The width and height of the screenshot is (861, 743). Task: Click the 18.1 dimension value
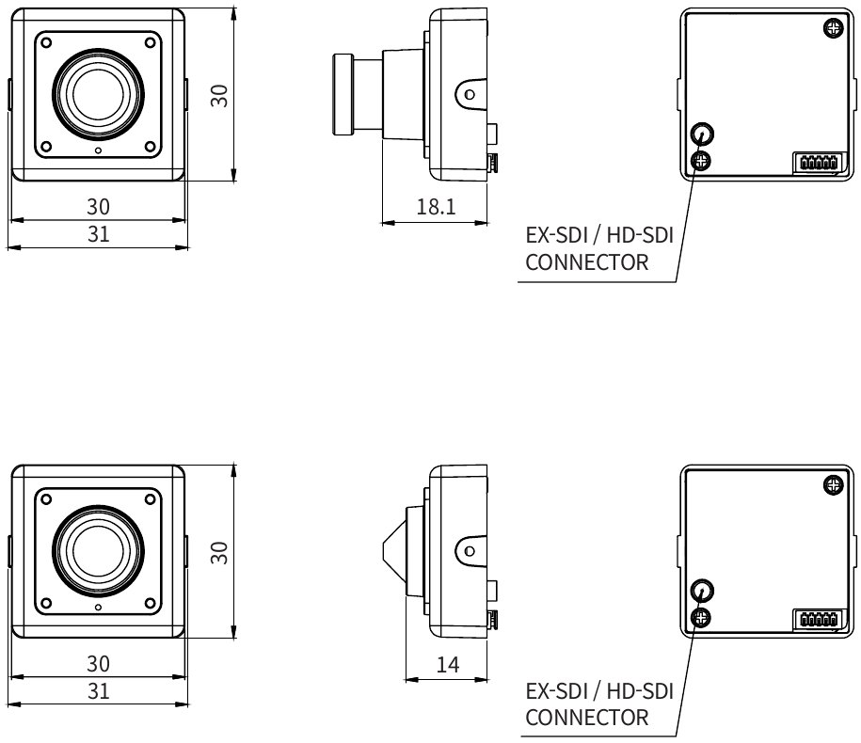pyautogui.click(x=436, y=208)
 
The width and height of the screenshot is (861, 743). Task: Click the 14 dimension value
pyautogui.click(x=449, y=665)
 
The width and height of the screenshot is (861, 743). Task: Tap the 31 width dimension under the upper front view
pyautogui.click(x=99, y=234)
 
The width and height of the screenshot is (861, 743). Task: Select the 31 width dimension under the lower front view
pyautogui.click(x=99, y=690)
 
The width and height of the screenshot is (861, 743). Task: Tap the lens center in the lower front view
pyautogui.click(x=99, y=550)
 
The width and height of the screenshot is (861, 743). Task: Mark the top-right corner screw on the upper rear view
pyautogui.click(x=833, y=27)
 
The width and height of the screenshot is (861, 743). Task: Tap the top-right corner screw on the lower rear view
pyautogui.click(x=833, y=484)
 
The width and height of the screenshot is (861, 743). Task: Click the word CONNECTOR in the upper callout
pyautogui.click(x=586, y=262)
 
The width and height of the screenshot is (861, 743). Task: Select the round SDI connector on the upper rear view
pyautogui.click(x=701, y=134)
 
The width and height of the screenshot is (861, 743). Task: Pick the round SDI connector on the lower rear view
pyautogui.click(x=701, y=591)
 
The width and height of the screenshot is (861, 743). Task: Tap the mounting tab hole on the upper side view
pyautogui.click(x=469, y=94)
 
